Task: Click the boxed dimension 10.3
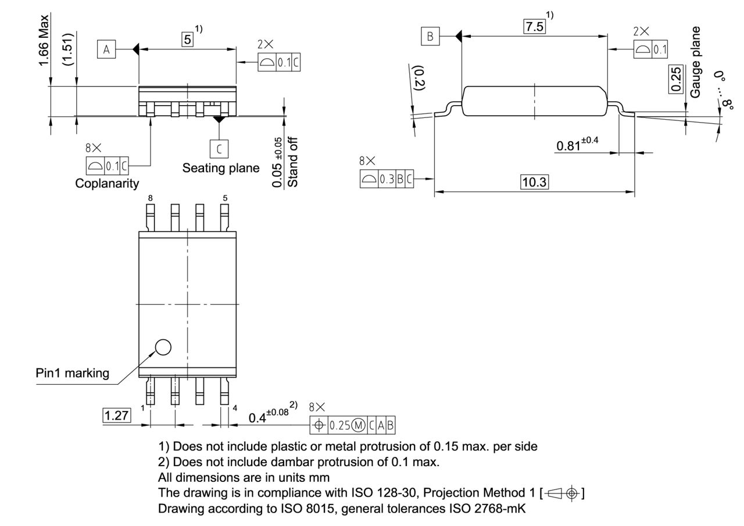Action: point(534,182)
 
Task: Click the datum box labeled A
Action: point(106,49)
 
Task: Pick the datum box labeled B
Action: point(430,37)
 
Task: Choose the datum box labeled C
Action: point(219,149)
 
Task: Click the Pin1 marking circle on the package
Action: point(163,347)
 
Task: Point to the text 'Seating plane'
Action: point(221,168)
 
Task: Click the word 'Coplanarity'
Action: point(107,183)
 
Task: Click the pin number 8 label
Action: point(150,198)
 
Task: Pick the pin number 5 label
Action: point(225,198)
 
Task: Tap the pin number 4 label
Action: point(235,408)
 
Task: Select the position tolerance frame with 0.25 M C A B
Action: point(352,425)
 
